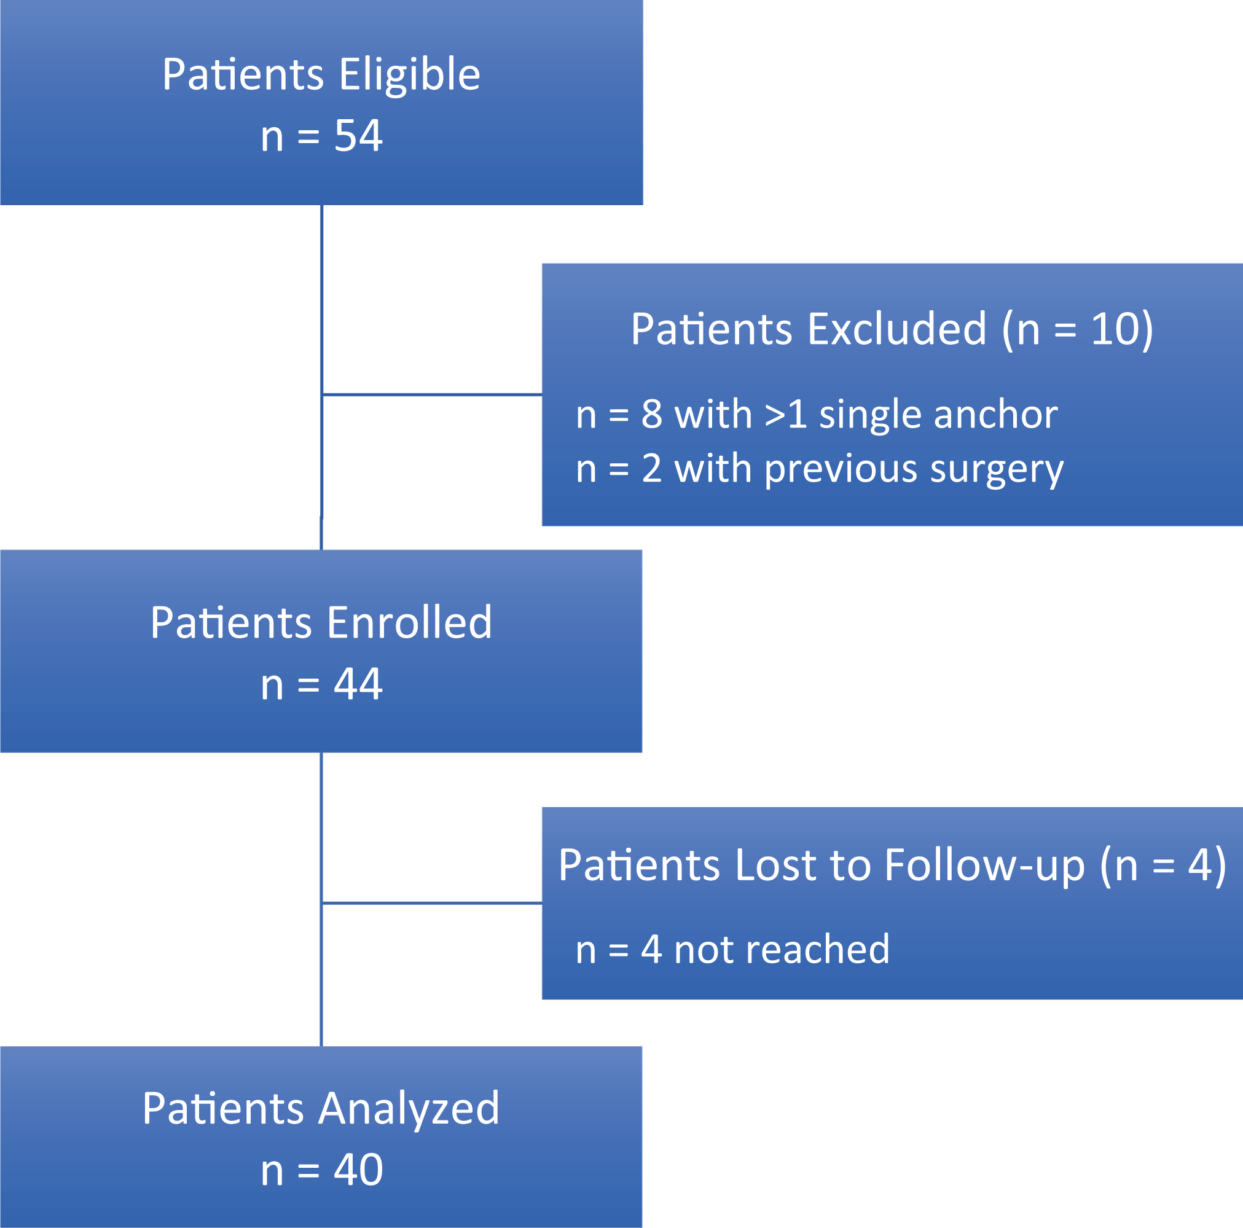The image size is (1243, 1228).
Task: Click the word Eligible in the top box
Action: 409,76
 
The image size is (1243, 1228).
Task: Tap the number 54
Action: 358,136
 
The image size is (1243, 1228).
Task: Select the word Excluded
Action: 896,329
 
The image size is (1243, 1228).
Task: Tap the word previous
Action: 841,469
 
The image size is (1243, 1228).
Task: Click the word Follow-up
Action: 984,867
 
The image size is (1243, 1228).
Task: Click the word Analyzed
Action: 409,1109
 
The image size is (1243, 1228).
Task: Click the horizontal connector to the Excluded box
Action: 432,394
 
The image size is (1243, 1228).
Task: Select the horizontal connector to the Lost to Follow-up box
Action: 432,903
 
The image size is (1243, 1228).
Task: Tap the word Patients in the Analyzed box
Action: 222,1108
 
